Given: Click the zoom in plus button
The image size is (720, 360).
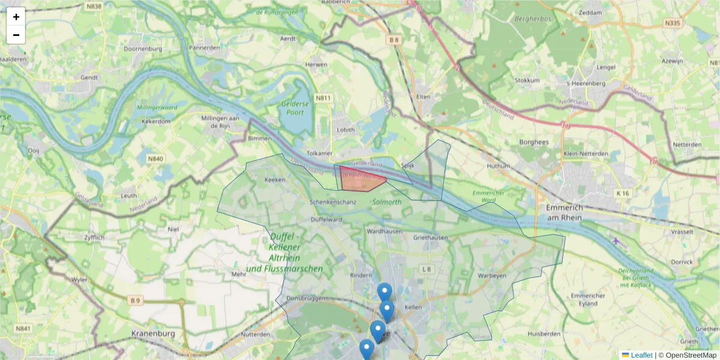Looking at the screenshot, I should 16,17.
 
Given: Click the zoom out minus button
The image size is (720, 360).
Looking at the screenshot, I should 16,35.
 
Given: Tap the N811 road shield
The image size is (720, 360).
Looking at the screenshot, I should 324,98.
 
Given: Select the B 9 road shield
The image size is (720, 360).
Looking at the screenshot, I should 135,300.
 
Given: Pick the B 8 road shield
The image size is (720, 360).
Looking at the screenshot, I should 394,40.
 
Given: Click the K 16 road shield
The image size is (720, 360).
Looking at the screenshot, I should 622,193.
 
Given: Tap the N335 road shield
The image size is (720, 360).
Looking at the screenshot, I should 672,23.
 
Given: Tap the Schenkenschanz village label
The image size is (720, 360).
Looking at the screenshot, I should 333,202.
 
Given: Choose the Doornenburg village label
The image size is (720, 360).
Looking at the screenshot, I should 140,49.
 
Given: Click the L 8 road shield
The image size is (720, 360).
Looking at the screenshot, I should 427,269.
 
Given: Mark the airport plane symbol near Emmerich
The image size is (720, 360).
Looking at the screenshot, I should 616,241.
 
